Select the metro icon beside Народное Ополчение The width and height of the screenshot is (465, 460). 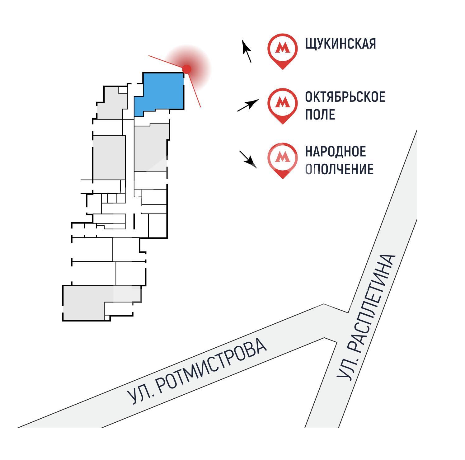[283, 158]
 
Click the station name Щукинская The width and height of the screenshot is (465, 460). [341, 44]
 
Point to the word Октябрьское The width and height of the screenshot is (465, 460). [345, 97]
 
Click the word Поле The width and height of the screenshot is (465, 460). [320, 115]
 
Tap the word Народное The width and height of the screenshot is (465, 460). [336, 152]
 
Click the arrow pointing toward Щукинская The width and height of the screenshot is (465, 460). [247, 51]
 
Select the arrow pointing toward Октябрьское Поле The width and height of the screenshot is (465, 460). [248, 106]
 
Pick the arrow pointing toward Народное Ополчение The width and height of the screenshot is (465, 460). [248, 159]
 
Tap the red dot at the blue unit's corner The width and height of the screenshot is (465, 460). [186, 69]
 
